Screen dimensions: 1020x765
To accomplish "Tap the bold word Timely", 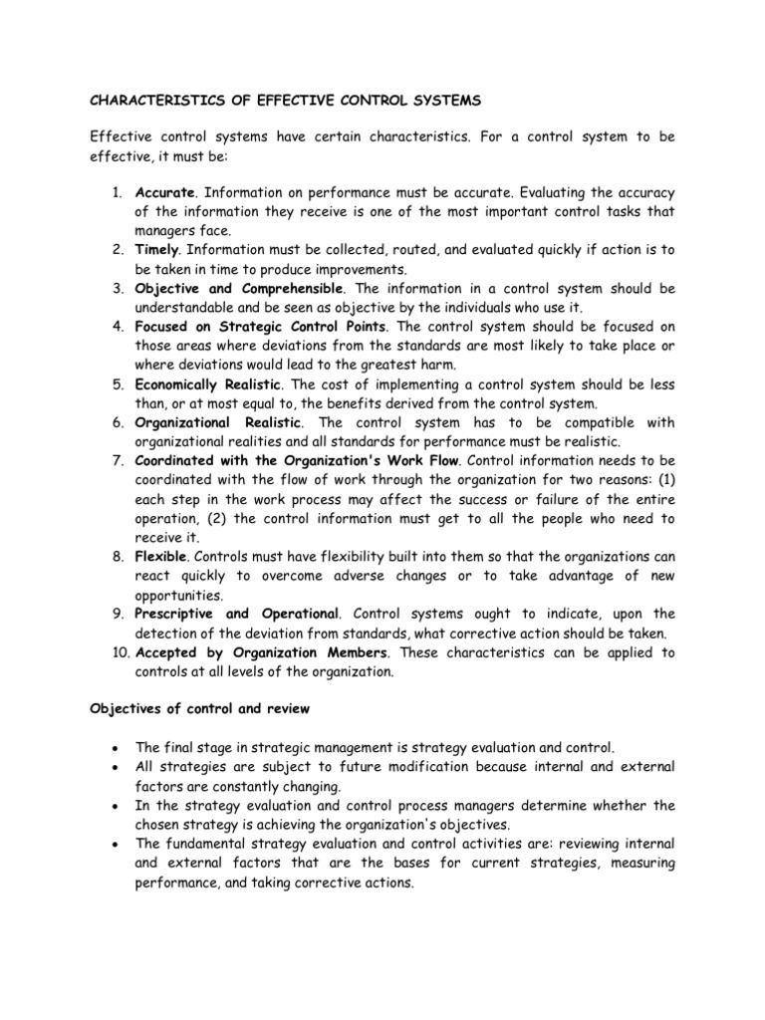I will (x=157, y=250).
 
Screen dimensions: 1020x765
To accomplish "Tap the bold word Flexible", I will (x=160, y=557).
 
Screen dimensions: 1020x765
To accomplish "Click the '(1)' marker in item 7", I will (x=665, y=480).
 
